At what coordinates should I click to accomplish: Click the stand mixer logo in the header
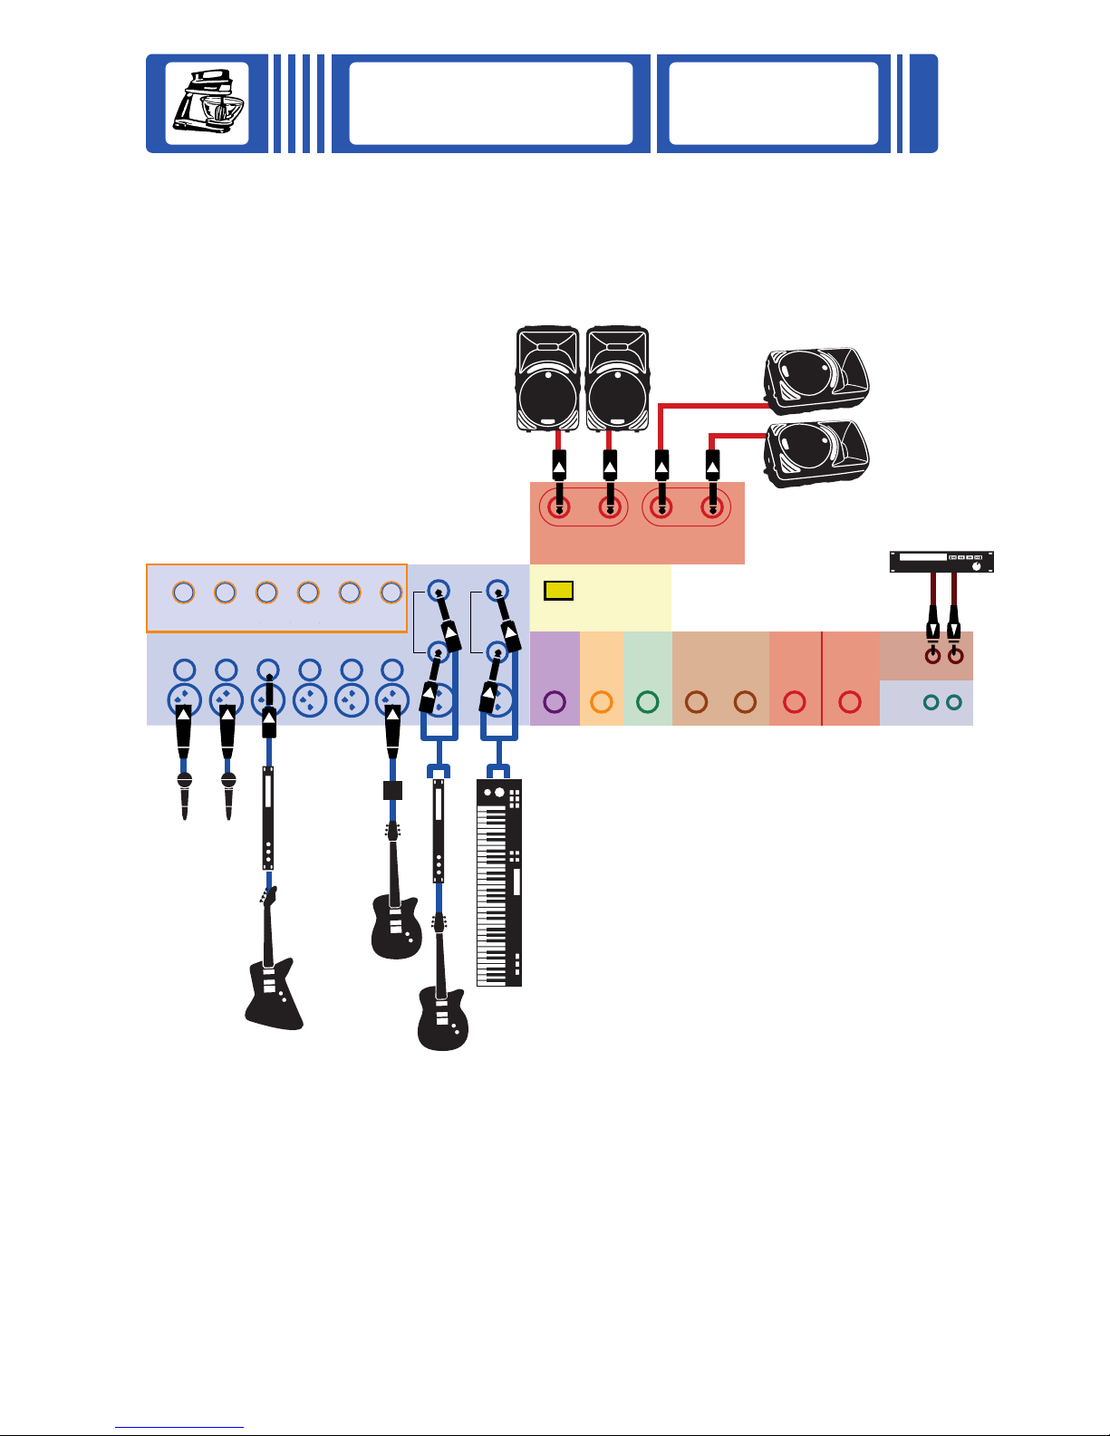coord(207,102)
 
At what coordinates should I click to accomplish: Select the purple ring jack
coord(555,701)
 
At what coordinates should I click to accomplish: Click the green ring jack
coord(647,701)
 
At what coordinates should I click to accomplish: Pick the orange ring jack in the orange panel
coord(601,701)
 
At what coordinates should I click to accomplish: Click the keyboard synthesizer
coord(499,882)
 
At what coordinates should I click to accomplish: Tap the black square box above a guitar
coord(392,790)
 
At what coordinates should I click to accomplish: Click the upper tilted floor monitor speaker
coord(816,381)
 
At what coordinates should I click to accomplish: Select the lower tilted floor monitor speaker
coord(816,454)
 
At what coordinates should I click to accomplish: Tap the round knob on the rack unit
coord(976,565)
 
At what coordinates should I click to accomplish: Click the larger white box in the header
coord(491,103)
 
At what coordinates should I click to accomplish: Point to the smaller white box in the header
coord(774,103)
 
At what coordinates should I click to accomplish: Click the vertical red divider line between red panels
coord(822,679)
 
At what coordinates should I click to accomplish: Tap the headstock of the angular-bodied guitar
coord(267,895)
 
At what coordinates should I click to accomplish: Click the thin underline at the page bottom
coord(179,1427)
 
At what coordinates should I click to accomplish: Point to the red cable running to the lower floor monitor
coord(738,436)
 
